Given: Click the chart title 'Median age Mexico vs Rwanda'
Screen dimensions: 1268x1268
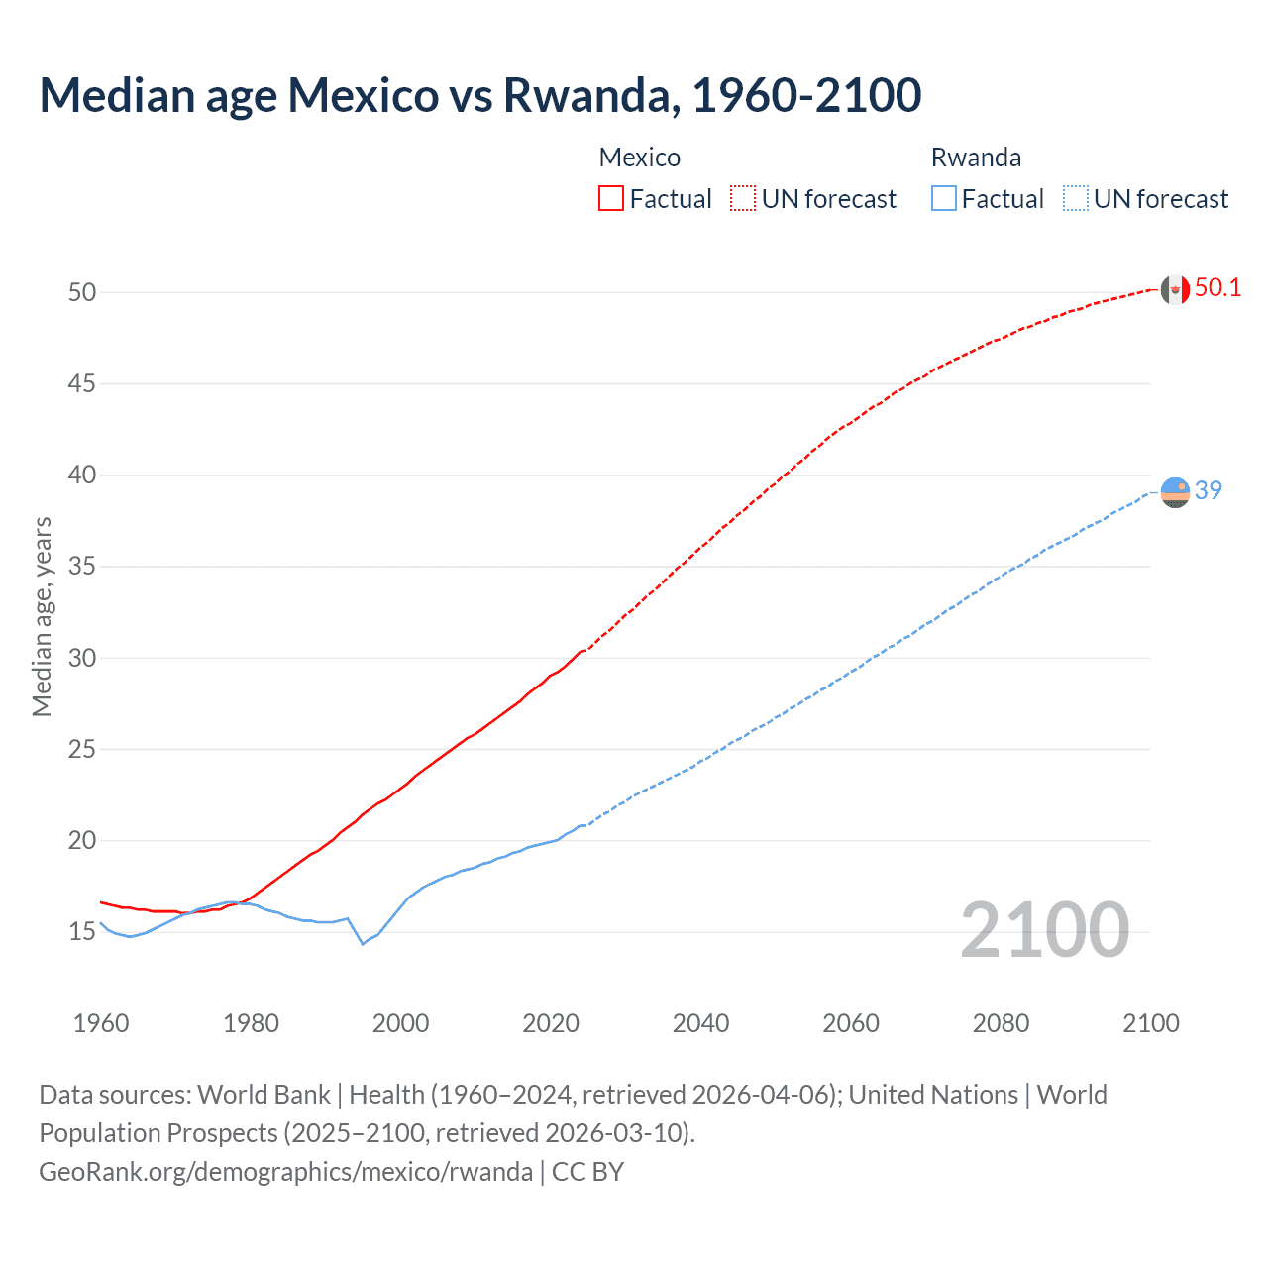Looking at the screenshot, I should (480, 95).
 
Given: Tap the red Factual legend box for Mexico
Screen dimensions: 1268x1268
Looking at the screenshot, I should (611, 198).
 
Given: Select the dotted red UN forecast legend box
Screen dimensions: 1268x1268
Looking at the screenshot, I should (743, 198).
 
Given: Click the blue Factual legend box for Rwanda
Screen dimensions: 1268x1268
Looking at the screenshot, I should (944, 198).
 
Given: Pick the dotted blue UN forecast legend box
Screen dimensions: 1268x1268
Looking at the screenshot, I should (1075, 198).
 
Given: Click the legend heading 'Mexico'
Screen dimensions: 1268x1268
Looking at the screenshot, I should (639, 158).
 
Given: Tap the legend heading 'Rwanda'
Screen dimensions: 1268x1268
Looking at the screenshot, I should (976, 158).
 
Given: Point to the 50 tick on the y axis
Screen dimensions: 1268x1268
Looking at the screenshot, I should (82, 292).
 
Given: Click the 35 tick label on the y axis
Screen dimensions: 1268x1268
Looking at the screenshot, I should (82, 567).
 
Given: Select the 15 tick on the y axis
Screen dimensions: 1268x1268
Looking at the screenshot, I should (82, 932).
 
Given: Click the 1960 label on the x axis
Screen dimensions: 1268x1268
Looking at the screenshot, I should (101, 1023).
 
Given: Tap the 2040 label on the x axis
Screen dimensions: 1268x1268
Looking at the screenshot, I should (700, 1023).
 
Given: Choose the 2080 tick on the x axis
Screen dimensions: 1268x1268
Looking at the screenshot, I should (1001, 1023).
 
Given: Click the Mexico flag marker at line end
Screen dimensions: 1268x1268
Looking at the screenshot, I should (1174, 289).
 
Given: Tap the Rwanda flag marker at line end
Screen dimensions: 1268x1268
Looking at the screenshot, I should (1175, 491).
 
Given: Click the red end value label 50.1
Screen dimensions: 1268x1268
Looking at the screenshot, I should (1217, 288).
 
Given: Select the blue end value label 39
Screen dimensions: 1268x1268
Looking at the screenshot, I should (1209, 490).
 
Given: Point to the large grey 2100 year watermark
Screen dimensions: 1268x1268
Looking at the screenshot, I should (1044, 929).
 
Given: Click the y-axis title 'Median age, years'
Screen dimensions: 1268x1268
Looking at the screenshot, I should (42, 616).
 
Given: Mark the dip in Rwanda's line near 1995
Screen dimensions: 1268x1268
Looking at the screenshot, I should (363, 943).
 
